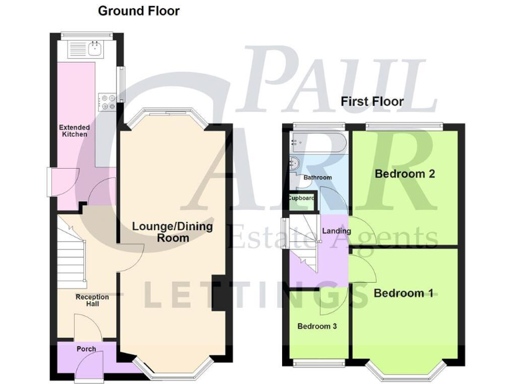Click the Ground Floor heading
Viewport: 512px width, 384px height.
(139, 11)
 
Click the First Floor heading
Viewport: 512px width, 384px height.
(372, 101)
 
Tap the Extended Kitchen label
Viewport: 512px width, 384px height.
(75, 131)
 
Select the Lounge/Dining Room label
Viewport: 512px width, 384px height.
(172, 232)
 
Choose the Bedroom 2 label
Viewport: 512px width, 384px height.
(405, 174)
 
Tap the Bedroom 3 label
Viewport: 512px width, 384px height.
(317, 327)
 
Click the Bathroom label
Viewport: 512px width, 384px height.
(317, 178)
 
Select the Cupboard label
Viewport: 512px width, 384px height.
(301, 198)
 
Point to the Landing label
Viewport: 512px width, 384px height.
(337, 231)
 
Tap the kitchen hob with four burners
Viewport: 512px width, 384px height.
(107, 102)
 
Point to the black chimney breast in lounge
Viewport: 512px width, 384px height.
(218, 292)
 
